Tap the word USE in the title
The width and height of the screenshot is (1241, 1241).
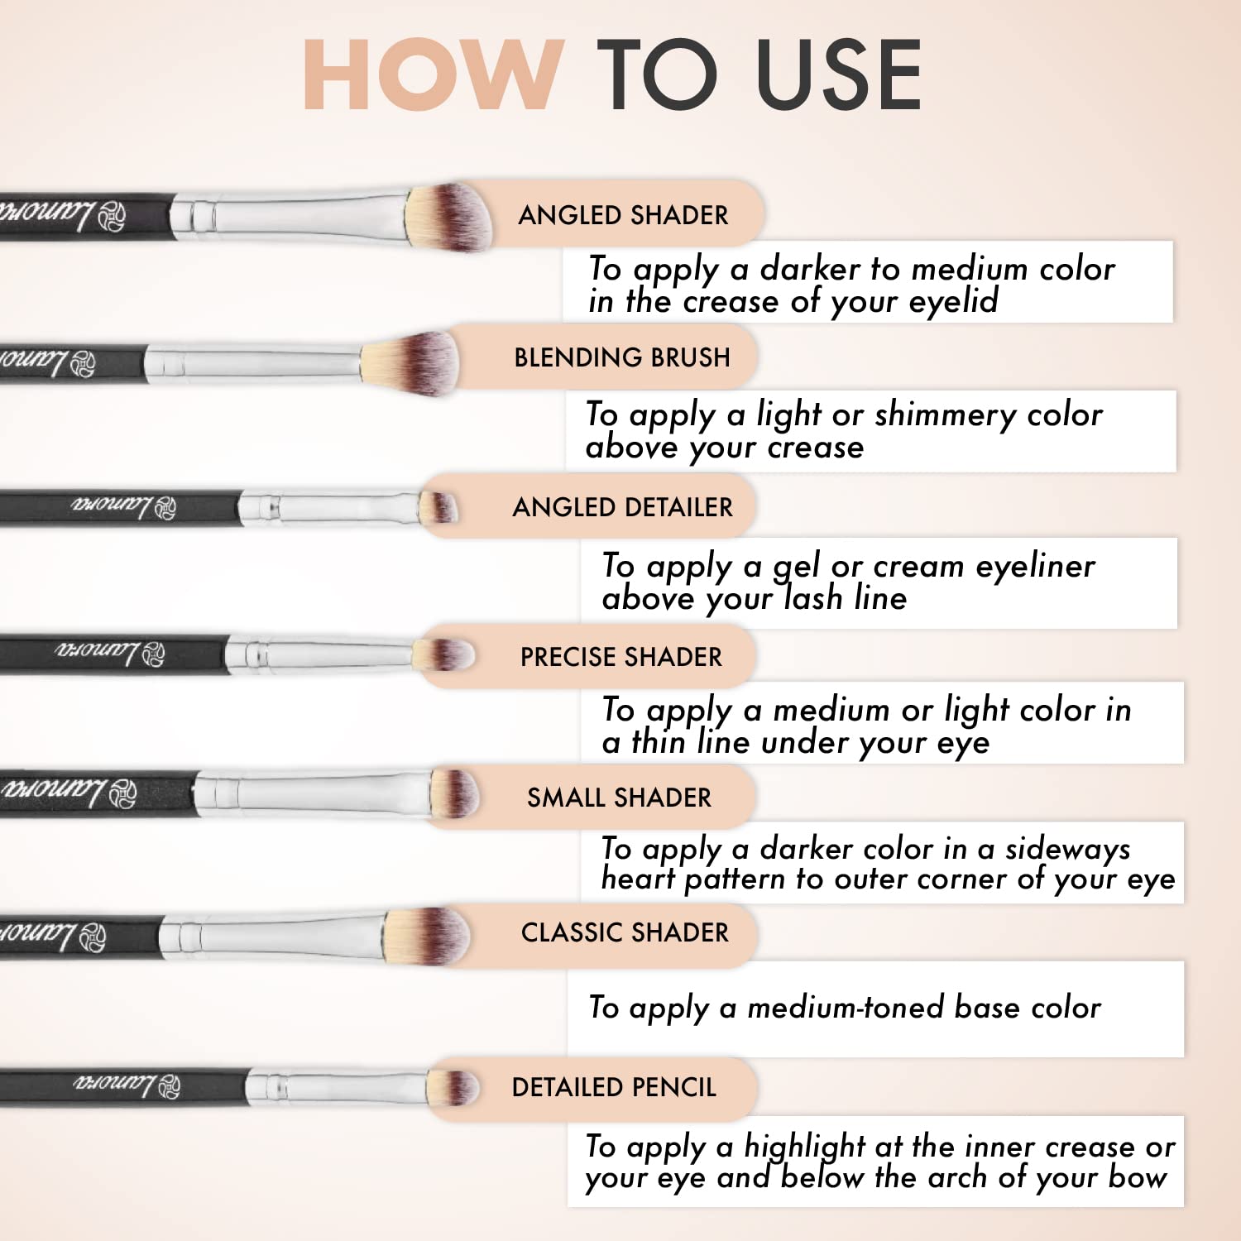coord(839,74)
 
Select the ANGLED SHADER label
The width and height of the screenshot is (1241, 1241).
coord(623,215)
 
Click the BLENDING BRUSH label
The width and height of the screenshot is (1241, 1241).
coord(622,357)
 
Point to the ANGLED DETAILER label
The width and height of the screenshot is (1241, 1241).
coord(622,507)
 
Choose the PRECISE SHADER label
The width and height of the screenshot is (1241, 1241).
coord(621,657)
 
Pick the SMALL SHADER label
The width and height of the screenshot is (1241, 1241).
coord(619,798)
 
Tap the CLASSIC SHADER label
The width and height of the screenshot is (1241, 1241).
coord(625,932)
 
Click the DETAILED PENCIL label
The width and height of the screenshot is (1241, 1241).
coord(614,1087)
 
